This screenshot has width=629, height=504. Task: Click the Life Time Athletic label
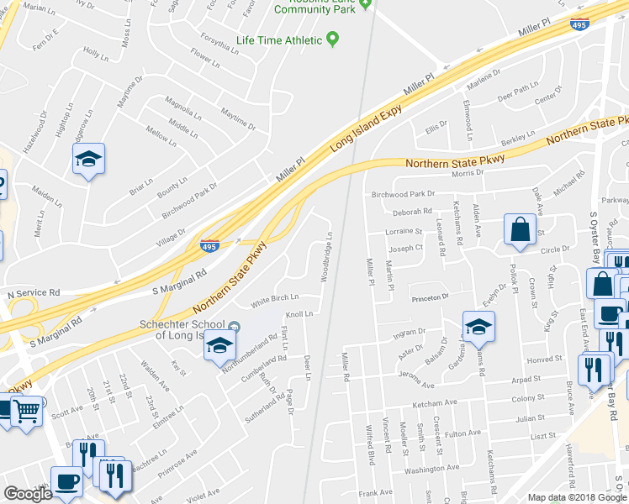coord(279,40)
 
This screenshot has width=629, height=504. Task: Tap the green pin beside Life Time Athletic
coord(333,39)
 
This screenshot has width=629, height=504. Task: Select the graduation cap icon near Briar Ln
coord(87,160)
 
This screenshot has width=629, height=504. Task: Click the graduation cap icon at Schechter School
coord(219,346)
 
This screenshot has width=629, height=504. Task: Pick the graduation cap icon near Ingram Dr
coord(478,328)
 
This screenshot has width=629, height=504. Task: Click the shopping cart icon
coord(27,412)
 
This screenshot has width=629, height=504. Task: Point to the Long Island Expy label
coord(367,123)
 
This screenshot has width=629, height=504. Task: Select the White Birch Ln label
coord(275,298)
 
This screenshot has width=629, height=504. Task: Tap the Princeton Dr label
coord(431,297)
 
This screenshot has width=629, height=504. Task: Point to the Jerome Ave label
coord(414,385)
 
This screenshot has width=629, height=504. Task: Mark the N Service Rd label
coord(34,293)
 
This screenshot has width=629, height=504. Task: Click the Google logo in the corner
coord(28,494)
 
